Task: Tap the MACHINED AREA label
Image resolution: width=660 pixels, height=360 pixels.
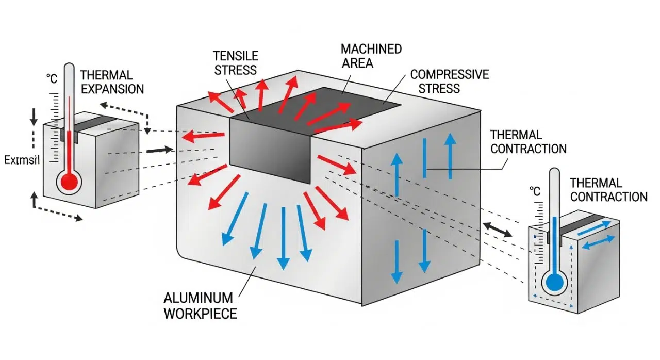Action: (x=371, y=56)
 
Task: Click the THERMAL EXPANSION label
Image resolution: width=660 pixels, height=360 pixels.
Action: (x=112, y=82)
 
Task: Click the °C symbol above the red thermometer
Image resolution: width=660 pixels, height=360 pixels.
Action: (x=52, y=78)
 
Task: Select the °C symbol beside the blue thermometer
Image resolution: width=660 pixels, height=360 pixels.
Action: (x=535, y=191)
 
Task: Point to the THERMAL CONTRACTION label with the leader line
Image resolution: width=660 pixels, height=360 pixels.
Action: (x=528, y=142)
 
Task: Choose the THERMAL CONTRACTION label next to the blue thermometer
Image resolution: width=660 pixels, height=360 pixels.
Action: (x=608, y=190)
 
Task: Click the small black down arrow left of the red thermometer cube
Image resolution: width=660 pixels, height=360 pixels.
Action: (x=34, y=118)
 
